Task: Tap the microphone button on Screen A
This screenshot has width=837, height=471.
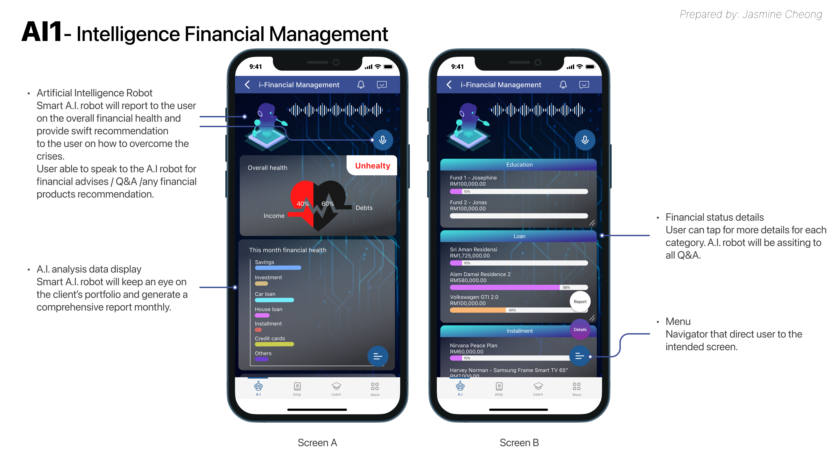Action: click(383, 140)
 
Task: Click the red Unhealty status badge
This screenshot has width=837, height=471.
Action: click(372, 166)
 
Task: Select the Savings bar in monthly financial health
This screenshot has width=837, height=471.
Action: click(278, 268)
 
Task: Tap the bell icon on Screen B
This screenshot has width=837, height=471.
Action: click(563, 85)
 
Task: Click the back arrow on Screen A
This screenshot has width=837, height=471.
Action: click(247, 85)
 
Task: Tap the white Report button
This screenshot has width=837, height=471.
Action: click(580, 302)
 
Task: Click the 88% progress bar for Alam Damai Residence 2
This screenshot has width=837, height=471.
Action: click(519, 288)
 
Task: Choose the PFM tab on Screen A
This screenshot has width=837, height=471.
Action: click(297, 389)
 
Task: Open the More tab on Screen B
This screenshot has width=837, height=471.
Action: click(577, 389)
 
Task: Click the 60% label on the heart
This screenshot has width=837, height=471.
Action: click(328, 204)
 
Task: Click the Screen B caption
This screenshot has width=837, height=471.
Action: click(519, 443)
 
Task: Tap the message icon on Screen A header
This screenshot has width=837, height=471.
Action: click(382, 85)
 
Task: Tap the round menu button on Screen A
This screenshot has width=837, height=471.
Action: click(378, 357)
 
